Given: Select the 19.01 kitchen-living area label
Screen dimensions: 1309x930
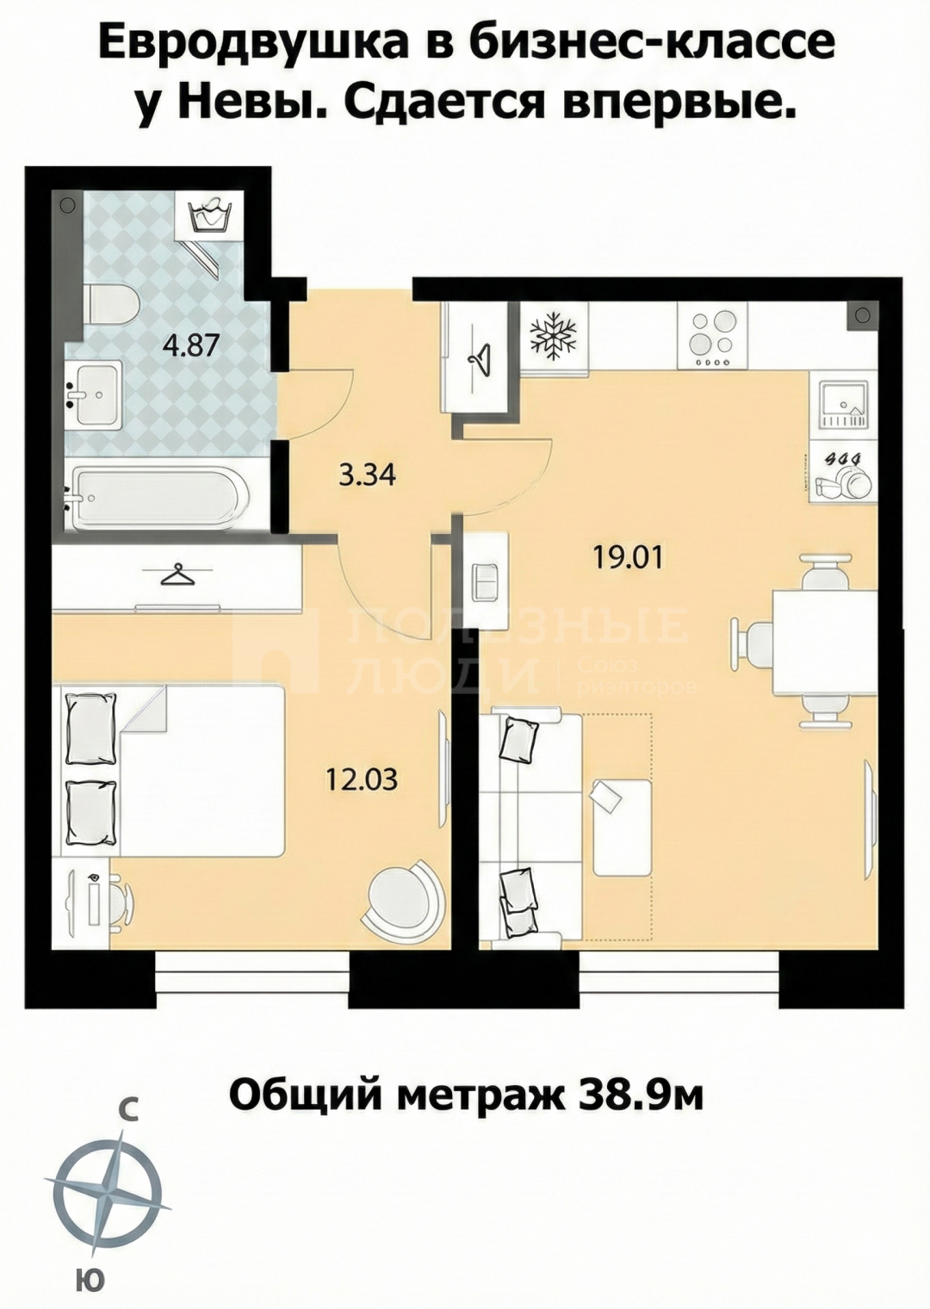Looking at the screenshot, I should click(628, 557).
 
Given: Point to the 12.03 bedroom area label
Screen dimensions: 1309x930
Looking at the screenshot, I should click(362, 779).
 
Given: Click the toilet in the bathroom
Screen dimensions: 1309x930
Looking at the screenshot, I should click(110, 305).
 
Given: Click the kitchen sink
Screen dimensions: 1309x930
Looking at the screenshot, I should click(841, 405).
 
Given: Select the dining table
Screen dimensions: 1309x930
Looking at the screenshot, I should click(823, 642).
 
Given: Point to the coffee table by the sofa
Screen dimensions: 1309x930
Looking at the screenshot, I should click(621, 827).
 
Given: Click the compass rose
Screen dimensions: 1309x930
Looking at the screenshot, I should click(108, 1193).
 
